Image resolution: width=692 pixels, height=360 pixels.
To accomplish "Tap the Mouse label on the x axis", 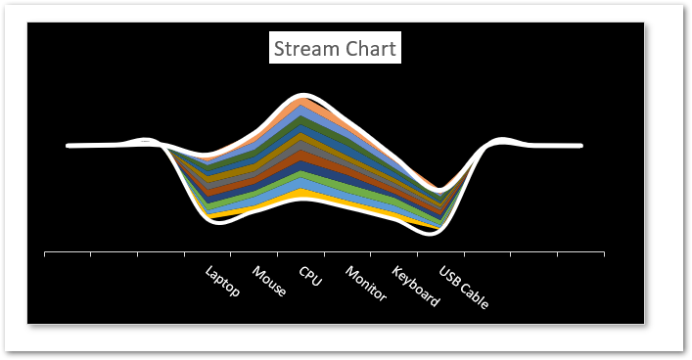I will pos(269,281).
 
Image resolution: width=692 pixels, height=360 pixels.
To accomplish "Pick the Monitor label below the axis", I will pos(365,284).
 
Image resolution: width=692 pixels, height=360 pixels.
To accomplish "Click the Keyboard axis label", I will pos(415,285).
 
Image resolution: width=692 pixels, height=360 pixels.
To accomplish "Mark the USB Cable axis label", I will pos(463,287).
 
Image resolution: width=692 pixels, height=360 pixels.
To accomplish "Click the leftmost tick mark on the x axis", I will pos(45,254).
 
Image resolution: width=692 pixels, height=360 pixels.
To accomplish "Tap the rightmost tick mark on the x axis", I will pos(604,254).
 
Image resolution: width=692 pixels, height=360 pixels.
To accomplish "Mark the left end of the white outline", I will pos(69,146).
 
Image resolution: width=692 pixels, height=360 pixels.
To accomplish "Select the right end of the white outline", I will pos(581,146).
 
